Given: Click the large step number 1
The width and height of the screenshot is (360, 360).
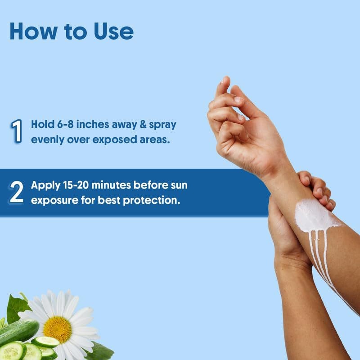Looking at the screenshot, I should pos(17,131).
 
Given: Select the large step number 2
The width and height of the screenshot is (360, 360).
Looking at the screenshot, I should pos(17,192).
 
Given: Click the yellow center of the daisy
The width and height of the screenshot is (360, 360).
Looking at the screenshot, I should pos(58,328).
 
